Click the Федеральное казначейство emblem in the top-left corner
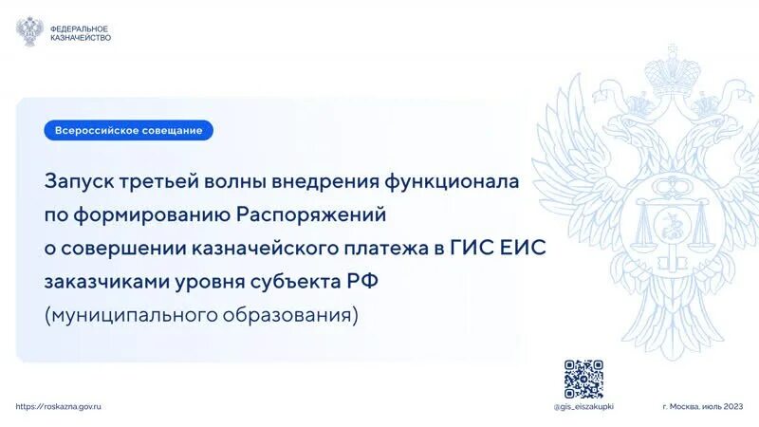(29, 30)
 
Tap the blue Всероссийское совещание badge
(128, 130)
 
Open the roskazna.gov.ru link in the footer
(59, 405)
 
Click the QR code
(583, 379)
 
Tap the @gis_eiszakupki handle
(583, 406)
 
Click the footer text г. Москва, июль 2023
(702, 406)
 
